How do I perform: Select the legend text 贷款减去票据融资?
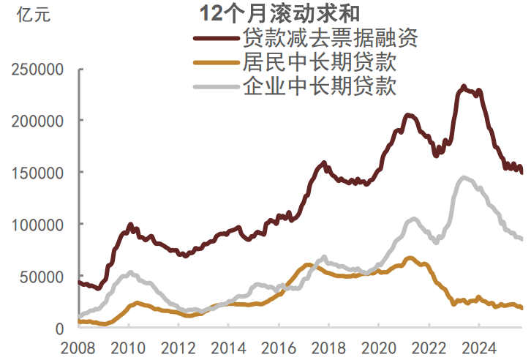pos(330,37)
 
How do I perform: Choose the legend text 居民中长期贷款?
pos(319,62)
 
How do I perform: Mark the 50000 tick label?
pos(42,277)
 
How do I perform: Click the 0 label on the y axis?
pos(61,329)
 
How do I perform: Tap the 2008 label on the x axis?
pos(79,347)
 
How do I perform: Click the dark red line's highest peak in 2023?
pos(464,86)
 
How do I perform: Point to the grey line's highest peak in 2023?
pos(464,177)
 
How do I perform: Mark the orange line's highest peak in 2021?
pos(410,258)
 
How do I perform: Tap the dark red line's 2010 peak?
pos(130,225)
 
